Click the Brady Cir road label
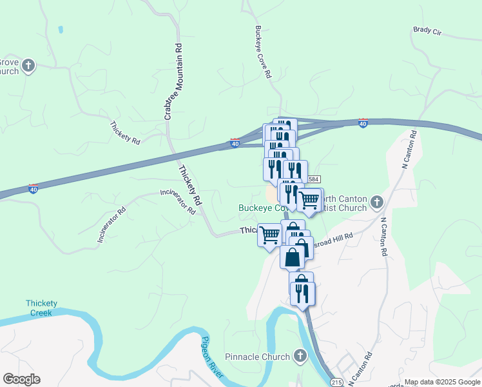click(x=427, y=30)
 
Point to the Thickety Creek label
click(x=43, y=308)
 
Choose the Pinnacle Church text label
click(x=258, y=357)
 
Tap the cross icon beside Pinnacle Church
click(x=299, y=355)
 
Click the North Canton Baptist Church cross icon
click(x=377, y=203)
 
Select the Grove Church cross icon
click(x=28, y=65)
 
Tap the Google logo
click(x=21, y=379)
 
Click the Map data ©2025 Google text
click(x=441, y=382)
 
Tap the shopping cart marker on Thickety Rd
click(x=269, y=234)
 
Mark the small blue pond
click(x=61, y=29)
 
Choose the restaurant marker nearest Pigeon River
click(x=302, y=294)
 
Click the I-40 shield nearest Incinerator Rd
click(x=33, y=188)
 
